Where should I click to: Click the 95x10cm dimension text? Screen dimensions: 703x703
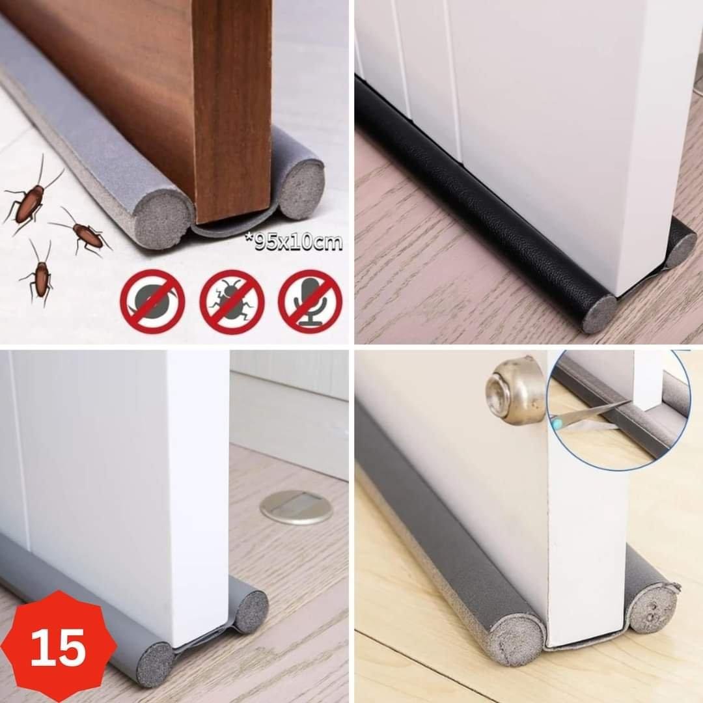294,242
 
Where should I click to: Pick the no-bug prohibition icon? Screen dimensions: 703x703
232,302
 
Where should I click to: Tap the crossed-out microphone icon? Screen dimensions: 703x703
310,302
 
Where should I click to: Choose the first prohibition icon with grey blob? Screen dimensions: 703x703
152,302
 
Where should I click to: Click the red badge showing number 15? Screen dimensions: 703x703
59,647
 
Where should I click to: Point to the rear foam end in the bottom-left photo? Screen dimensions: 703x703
251,611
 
